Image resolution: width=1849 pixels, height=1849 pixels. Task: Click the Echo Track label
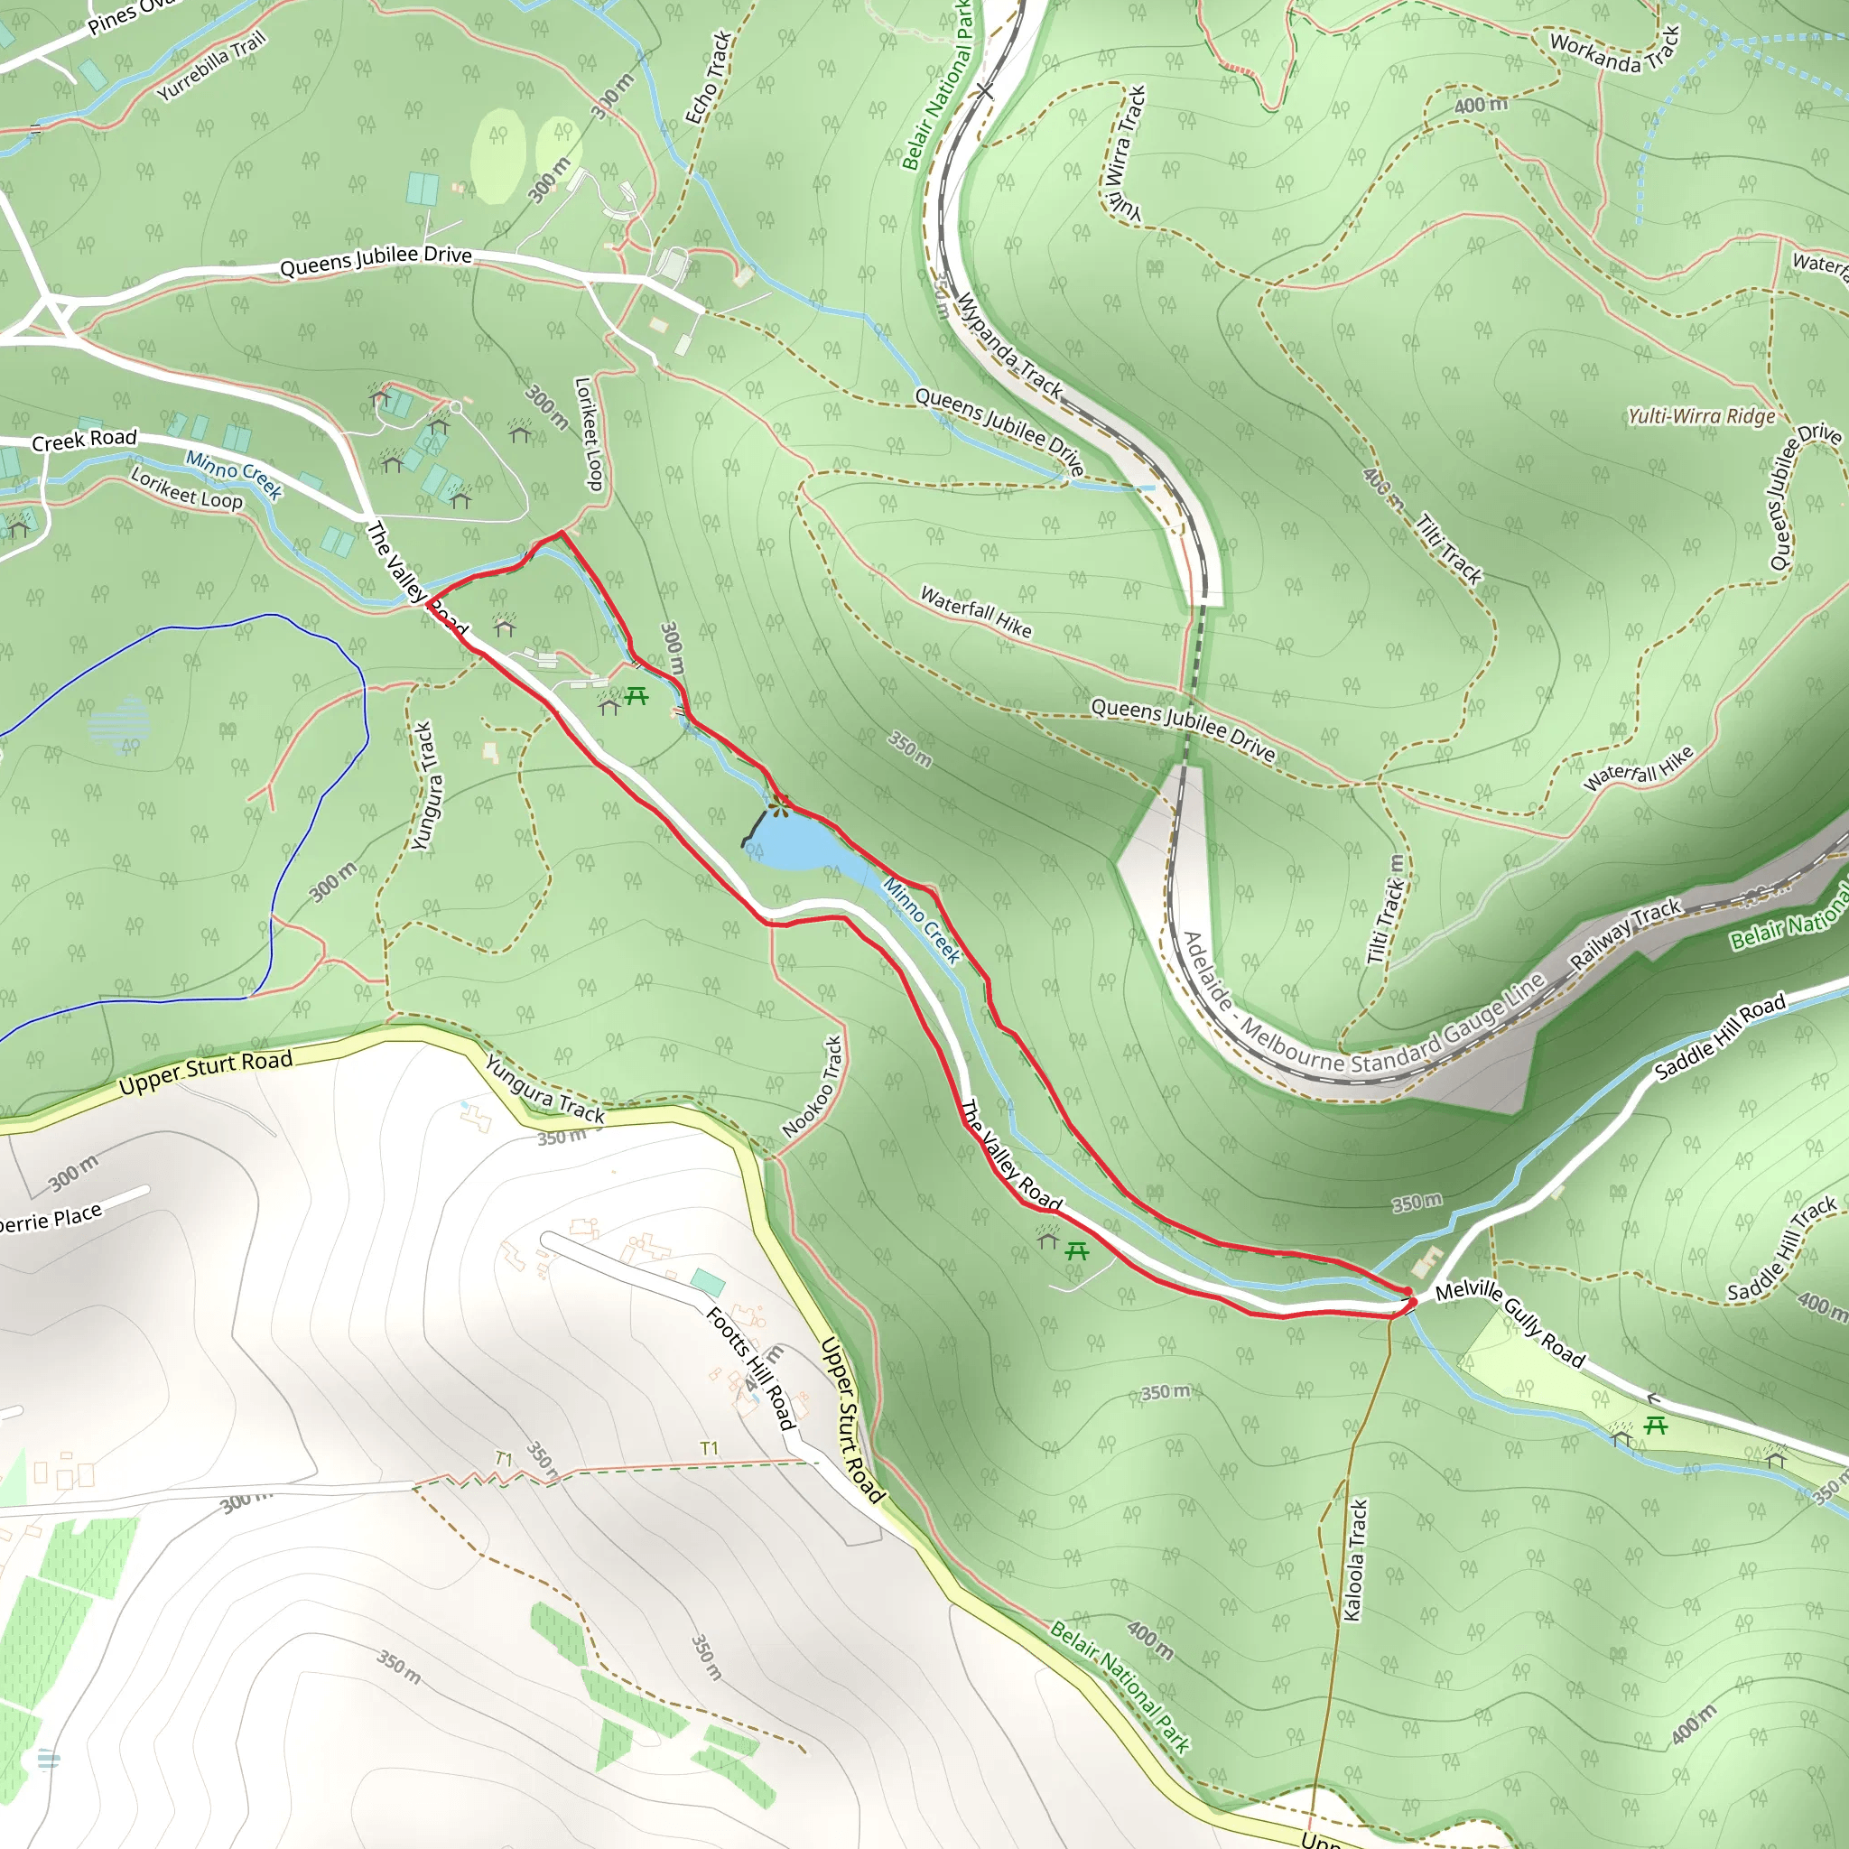click(x=708, y=77)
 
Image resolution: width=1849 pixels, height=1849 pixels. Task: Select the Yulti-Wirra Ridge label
click(x=1702, y=416)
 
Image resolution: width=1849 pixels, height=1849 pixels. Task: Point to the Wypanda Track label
click(x=1009, y=346)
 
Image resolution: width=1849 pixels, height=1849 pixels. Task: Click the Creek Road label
click(x=84, y=440)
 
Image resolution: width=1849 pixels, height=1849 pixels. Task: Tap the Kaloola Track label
click(x=1355, y=1560)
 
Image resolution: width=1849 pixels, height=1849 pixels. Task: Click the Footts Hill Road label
click(x=751, y=1369)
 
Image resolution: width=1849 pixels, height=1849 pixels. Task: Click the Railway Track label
click(x=1626, y=934)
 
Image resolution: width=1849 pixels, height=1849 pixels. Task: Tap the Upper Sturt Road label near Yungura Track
click(x=206, y=1073)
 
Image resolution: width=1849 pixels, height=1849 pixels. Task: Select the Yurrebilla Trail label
click(x=211, y=67)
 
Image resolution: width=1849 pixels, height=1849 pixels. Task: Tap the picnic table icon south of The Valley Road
click(x=1077, y=1250)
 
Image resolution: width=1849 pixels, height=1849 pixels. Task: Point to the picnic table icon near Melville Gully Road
click(x=1656, y=1426)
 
